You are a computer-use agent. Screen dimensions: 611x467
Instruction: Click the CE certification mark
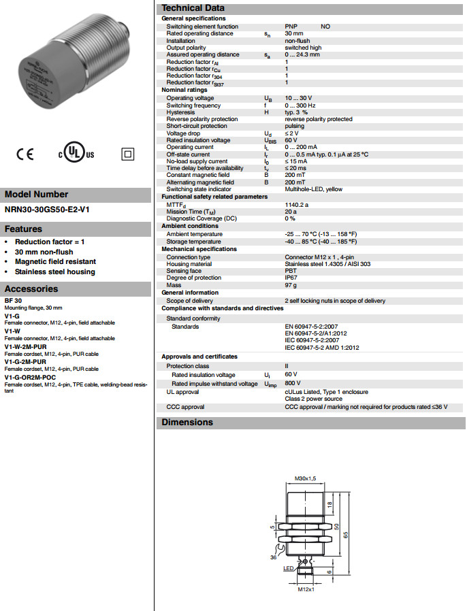(25, 154)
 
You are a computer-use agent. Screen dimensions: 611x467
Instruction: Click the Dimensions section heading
(187, 422)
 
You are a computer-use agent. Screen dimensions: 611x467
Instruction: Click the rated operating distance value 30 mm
(294, 33)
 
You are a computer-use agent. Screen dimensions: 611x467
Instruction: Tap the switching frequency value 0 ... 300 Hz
(300, 105)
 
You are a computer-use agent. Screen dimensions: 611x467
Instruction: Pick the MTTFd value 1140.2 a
(297, 204)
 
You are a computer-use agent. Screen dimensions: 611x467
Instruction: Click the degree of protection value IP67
(291, 278)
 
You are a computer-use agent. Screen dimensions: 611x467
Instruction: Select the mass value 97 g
(291, 285)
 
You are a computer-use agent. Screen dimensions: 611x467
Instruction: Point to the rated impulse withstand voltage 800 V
(292, 384)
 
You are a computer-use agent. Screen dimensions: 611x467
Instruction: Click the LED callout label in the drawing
(288, 567)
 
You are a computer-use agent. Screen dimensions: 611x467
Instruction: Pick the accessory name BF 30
(13, 300)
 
